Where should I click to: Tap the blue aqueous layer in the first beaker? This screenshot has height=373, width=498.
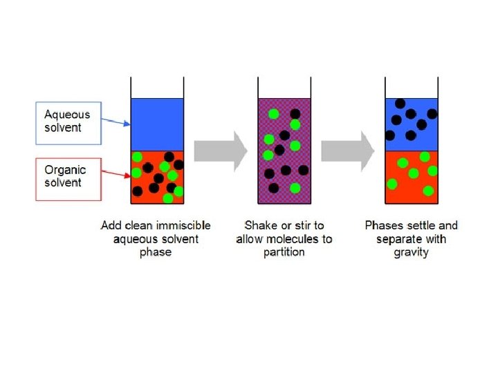pos(157,124)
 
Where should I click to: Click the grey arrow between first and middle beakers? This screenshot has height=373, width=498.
pos(220,151)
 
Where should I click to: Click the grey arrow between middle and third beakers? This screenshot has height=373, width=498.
pos(347,151)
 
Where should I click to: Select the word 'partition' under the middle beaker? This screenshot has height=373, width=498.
pos(284,252)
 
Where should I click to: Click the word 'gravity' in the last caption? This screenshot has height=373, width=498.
pos(412,252)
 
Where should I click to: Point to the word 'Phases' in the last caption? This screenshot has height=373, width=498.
pos(382,225)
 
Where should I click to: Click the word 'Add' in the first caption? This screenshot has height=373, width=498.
pos(111,225)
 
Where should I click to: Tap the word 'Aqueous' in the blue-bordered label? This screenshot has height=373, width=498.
pos(67,114)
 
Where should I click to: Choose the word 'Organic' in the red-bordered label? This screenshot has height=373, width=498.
pos(65,169)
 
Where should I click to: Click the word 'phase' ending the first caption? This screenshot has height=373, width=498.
pos(156,252)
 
